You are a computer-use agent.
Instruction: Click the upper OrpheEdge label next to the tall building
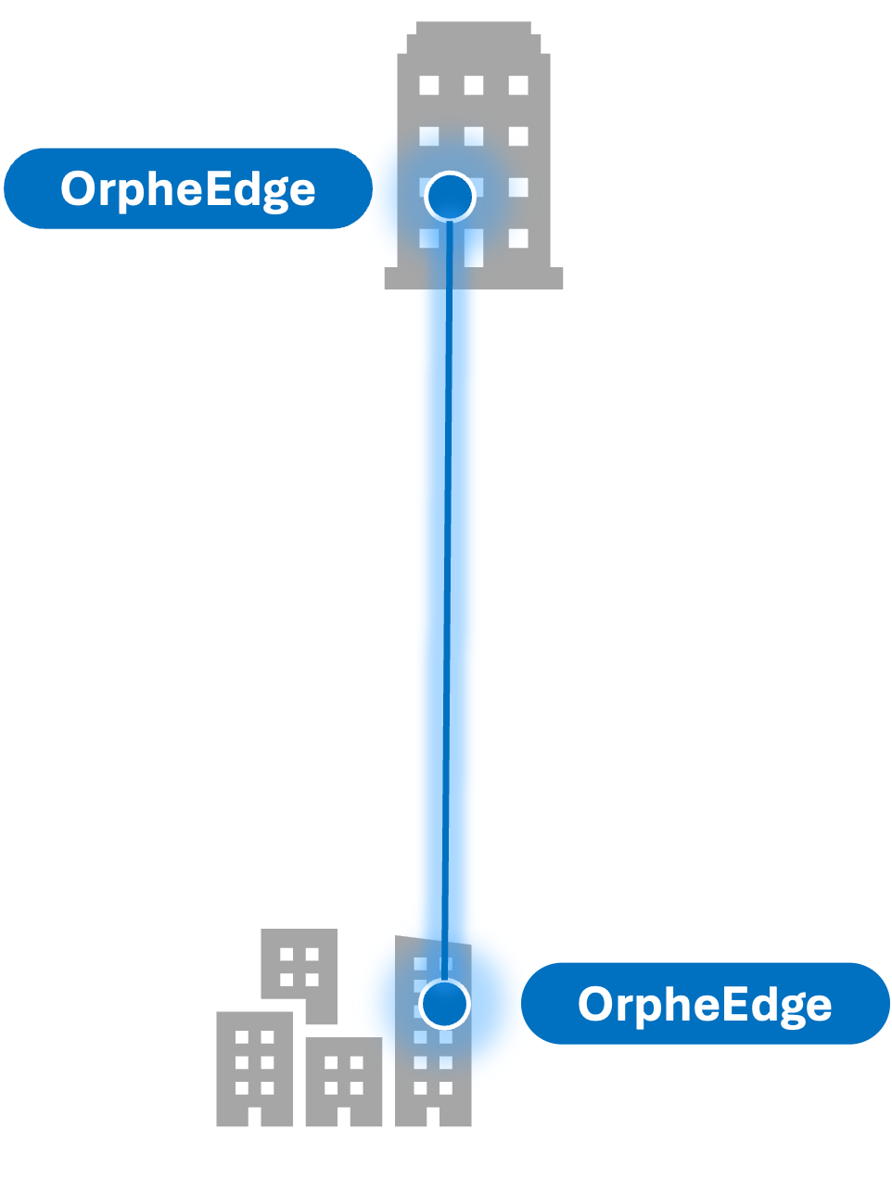[187, 188]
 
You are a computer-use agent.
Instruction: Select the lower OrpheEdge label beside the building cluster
[705, 1003]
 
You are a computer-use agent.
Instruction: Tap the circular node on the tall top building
[450, 196]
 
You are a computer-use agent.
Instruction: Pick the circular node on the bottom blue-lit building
[444, 1003]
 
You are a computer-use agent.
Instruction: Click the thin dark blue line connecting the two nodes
[448, 594]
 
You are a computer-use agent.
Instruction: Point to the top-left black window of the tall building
[428, 85]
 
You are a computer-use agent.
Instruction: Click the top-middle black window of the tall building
[473, 85]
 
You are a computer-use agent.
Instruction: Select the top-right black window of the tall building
[517, 85]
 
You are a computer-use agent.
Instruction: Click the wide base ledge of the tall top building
[473, 278]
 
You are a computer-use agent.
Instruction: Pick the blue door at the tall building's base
[473, 249]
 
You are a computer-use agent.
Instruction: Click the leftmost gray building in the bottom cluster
[254, 1067]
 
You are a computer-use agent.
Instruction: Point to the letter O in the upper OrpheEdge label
[80, 188]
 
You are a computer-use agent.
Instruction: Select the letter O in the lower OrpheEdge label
[597, 1004]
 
